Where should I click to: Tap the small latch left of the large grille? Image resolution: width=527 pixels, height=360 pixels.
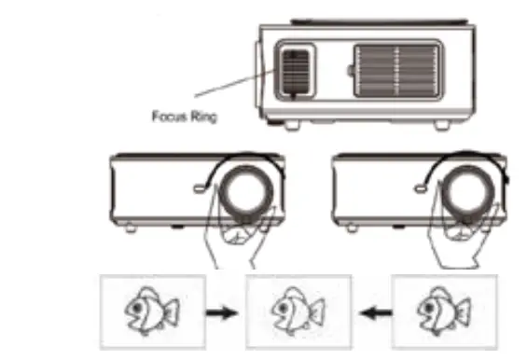tap(349, 70)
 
